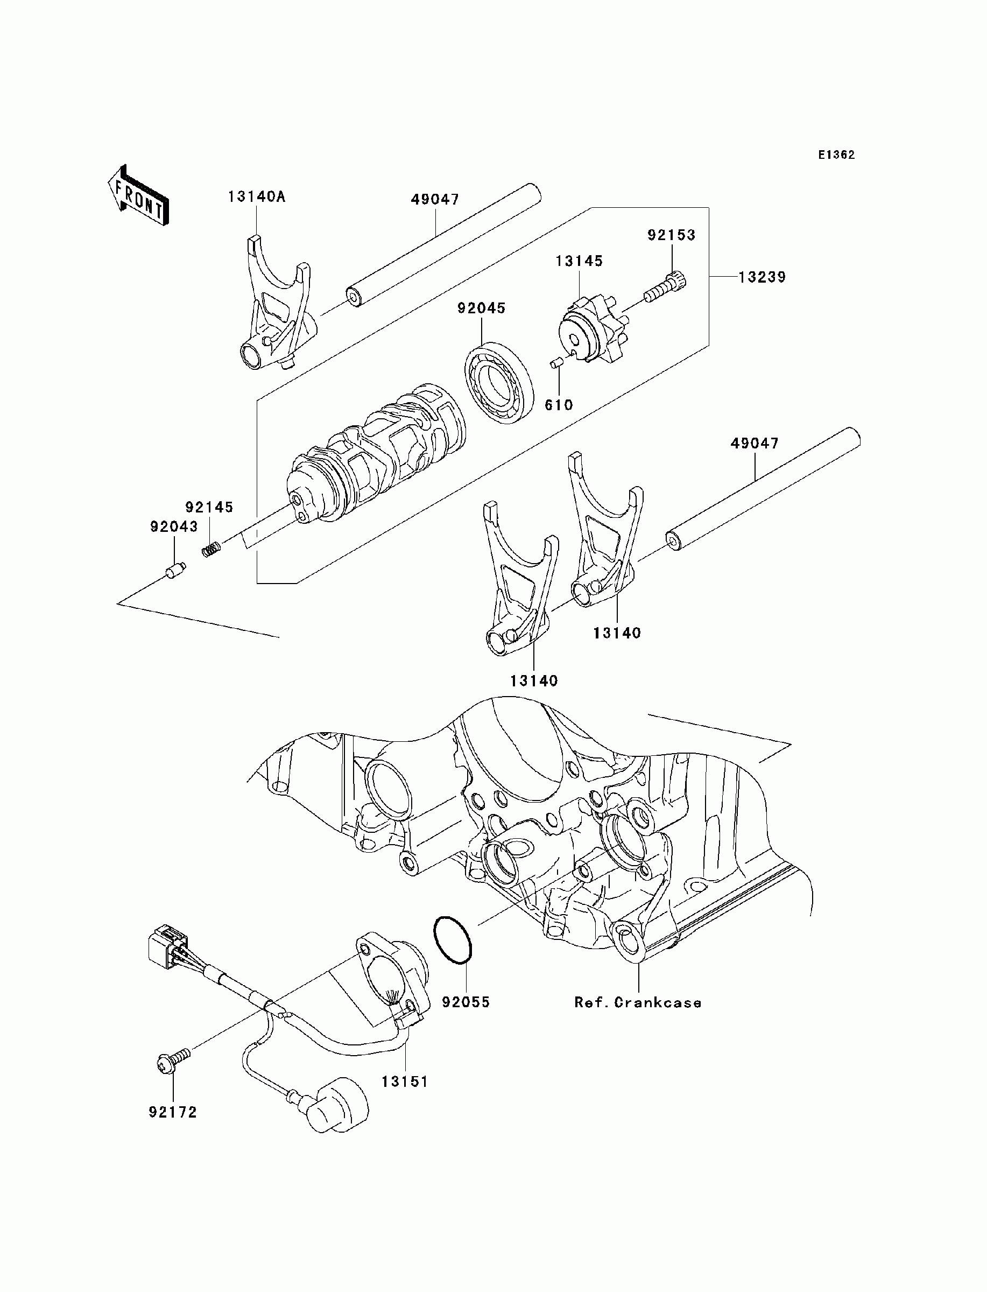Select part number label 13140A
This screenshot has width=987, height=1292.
[x=257, y=197]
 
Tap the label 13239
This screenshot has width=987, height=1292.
[x=762, y=277]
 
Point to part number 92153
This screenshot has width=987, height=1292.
[x=671, y=235]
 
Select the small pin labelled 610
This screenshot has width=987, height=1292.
[x=554, y=366]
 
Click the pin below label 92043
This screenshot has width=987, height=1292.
[x=175, y=571]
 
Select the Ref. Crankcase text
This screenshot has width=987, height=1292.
[x=637, y=1003]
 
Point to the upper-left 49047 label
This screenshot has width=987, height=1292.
[x=435, y=200]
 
